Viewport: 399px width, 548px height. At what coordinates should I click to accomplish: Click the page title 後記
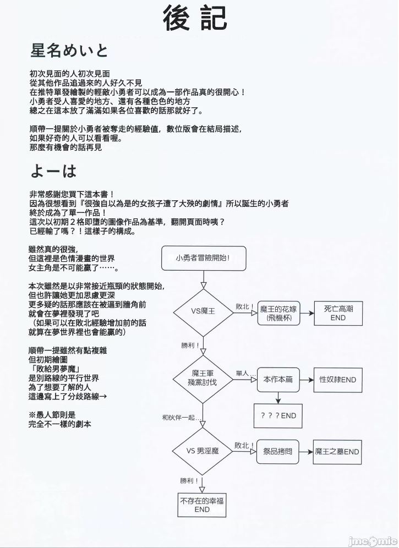(x=195, y=18)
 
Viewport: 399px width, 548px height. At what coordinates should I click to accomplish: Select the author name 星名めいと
(x=69, y=51)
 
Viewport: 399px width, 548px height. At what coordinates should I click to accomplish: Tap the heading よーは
(x=53, y=172)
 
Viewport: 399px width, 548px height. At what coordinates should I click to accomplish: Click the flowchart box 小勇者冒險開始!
(x=203, y=258)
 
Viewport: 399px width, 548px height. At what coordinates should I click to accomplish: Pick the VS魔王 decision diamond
(x=203, y=311)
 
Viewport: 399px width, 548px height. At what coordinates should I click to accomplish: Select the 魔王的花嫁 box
(x=280, y=314)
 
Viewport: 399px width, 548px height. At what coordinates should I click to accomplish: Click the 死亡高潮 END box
(x=338, y=314)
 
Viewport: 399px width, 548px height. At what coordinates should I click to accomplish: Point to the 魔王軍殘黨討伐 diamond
(x=203, y=378)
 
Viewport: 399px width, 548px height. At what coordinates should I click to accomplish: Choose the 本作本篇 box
(x=278, y=380)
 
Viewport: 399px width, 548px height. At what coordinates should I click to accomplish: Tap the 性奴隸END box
(x=338, y=380)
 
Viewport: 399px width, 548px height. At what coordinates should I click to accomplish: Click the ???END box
(x=278, y=415)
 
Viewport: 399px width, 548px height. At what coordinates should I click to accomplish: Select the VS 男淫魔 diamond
(x=203, y=451)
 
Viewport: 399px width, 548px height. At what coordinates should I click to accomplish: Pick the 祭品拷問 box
(x=278, y=452)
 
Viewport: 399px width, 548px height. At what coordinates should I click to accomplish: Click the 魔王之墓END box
(x=337, y=452)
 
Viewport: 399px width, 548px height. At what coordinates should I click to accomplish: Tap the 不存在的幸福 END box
(x=202, y=505)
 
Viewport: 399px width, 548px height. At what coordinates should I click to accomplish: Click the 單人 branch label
(x=244, y=374)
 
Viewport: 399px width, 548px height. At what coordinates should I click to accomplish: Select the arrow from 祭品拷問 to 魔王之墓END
(x=306, y=452)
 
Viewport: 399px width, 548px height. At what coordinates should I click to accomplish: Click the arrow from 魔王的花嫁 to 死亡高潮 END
(x=306, y=314)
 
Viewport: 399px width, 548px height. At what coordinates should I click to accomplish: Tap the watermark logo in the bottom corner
(x=374, y=539)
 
